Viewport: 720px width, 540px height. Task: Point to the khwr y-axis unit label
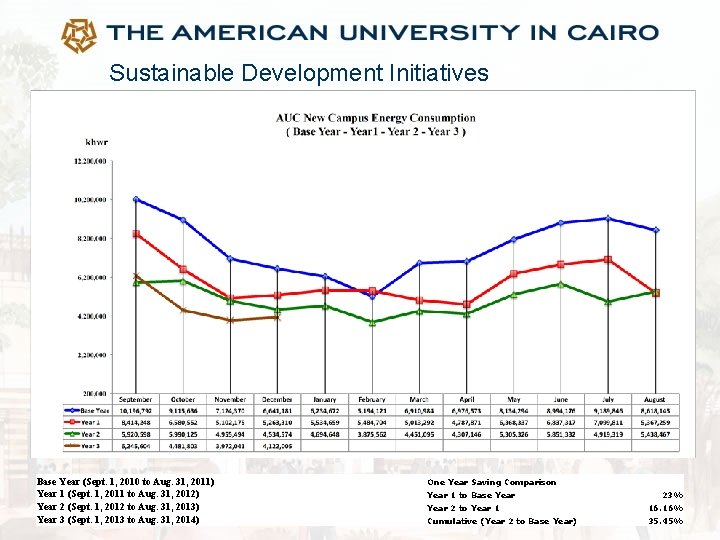[97, 141]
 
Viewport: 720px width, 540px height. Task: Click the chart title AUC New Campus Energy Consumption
[375, 119]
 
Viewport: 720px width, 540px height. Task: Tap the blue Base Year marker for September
[136, 199]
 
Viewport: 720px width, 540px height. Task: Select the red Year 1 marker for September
[136, 234]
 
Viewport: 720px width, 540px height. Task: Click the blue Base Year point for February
[373, 296]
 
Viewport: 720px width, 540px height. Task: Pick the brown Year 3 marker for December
[278, 317]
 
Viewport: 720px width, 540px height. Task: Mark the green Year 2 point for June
[561, 284]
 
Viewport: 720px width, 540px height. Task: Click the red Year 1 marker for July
[608, 259]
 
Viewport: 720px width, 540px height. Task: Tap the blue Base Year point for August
[655, 230]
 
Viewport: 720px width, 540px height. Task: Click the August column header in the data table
[655, 400]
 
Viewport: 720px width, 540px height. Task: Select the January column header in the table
[325, 400]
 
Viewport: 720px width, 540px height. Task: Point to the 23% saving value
[672, 495]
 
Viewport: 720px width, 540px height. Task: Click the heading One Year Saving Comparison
[491, 482]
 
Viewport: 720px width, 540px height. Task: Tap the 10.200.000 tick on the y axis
[90, 199]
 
